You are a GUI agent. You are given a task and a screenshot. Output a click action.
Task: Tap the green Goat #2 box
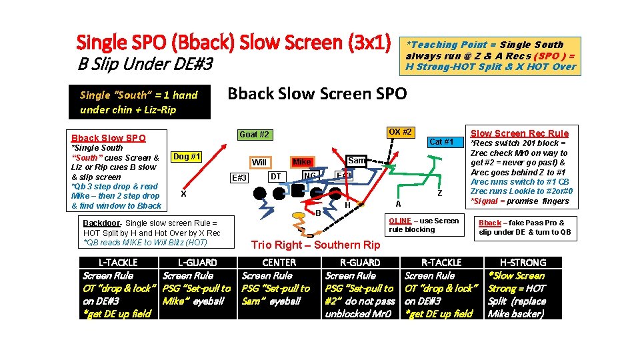click(x=255, y=135)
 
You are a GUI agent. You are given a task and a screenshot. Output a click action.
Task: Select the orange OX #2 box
click(x=399, y=132)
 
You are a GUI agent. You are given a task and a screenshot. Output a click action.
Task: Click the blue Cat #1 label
click(x=441, y=141)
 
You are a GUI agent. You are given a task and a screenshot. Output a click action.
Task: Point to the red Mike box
click(x=302, y=162)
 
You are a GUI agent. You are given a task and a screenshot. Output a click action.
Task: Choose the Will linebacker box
click(x=259, y=162)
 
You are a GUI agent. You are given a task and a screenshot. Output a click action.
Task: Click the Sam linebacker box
click(x=357, y=161)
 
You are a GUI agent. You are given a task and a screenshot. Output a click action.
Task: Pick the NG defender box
click(x=309, y=176)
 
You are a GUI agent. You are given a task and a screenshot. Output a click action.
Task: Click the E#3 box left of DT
click(x=239, y=177)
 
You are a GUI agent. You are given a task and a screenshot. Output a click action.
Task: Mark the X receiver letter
click(x=183, y=193)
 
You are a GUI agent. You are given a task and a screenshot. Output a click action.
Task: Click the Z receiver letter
click(x=439, y=193)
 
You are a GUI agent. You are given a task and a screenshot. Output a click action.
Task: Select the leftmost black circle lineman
click(x=259, y=194)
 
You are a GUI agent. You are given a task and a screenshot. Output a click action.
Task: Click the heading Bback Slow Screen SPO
click(x=317, y=94)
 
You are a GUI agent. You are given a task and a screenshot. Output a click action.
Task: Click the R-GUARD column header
click(x=360, y=263)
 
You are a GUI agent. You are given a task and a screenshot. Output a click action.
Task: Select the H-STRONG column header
click(x=523, y=263)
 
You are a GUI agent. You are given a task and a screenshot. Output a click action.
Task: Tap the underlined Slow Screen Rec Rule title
click(x=519, y=133)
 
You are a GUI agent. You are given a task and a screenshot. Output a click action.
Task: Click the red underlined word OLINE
click(x=400, y=221)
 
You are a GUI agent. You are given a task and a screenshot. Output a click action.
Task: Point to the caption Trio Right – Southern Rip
click(x=315, y=245)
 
